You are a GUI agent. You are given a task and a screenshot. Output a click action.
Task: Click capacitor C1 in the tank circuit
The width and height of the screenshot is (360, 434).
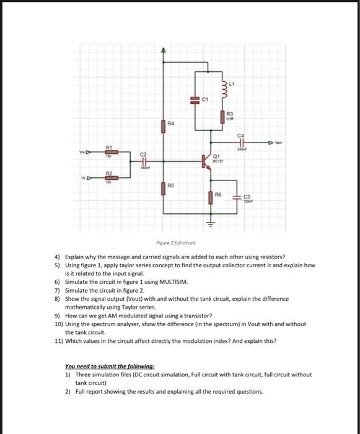(195, 99)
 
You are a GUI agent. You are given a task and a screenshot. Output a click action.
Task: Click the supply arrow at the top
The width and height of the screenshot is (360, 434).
(164, 50)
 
